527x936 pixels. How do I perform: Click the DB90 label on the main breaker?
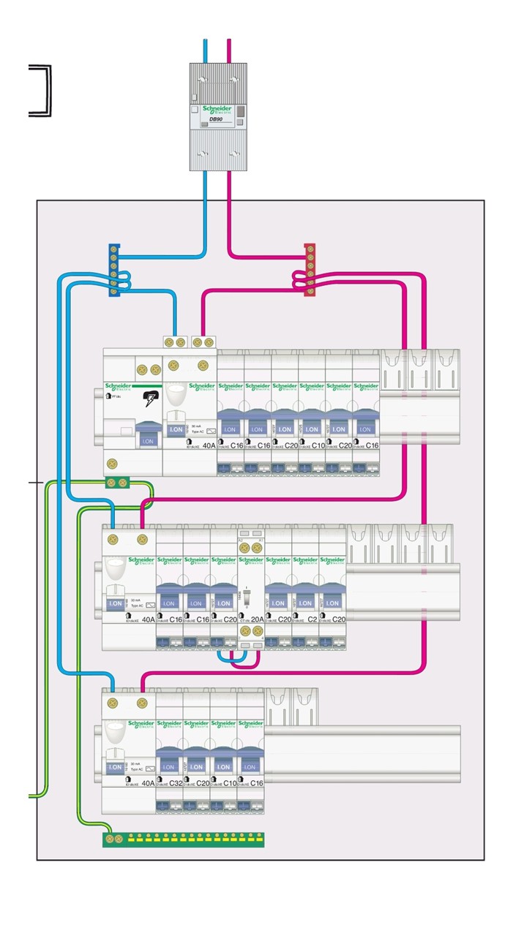pyautogui.click(x=216, y=118)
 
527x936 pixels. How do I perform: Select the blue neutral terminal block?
pyautogui.click(x=114, y=271)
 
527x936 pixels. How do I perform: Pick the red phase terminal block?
pyautogui.click(x=310, y=271)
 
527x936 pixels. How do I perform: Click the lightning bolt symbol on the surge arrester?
pyautogui.click(x=151, y=399)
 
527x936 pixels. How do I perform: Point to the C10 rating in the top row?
pyautogui.click(x=318, y=445)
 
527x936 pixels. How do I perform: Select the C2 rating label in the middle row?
pyautogui.click(x=311, y=619)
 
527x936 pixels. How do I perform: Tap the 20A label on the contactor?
pyautogui.click(x=256, y=619)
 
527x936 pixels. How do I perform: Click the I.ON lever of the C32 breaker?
pyautogui.click(x=168, y=766)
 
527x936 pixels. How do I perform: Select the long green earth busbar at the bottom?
pyautogui.click(x=183, y=839)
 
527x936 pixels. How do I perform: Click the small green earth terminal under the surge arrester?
pyautogui.click(x=117, y=482)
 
